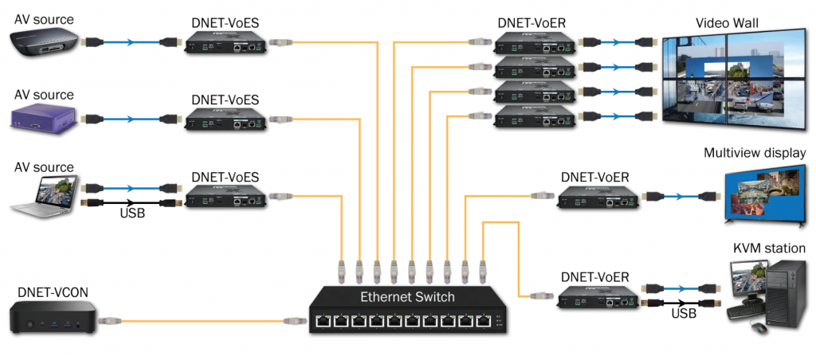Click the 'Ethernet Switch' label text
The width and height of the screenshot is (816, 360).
(407, 297)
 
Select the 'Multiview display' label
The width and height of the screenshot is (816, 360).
(755, 153)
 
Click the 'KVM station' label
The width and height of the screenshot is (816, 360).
(769, 248)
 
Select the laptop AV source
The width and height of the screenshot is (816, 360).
(43, 195)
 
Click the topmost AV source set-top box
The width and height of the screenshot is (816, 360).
(44, 40)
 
